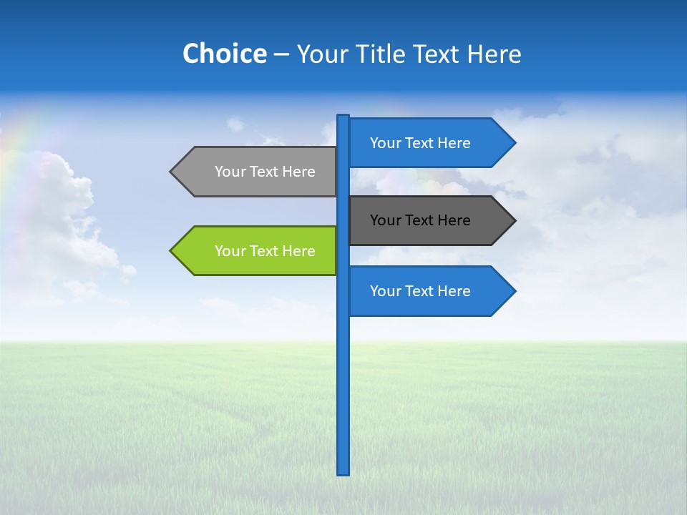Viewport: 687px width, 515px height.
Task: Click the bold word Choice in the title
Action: coord(224,54)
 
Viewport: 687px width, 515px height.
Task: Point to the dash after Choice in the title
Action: coord(281,55)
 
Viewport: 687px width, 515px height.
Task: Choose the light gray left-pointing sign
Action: coord(258,172)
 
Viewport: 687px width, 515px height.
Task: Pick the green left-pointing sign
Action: coord(258,251)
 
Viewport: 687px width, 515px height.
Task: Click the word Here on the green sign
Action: coord(298,251)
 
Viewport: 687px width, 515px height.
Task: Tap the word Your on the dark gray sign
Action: coord(384,220)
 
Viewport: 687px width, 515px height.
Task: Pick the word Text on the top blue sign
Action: coord(420,143)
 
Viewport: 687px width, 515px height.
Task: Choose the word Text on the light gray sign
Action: coord(265,172)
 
